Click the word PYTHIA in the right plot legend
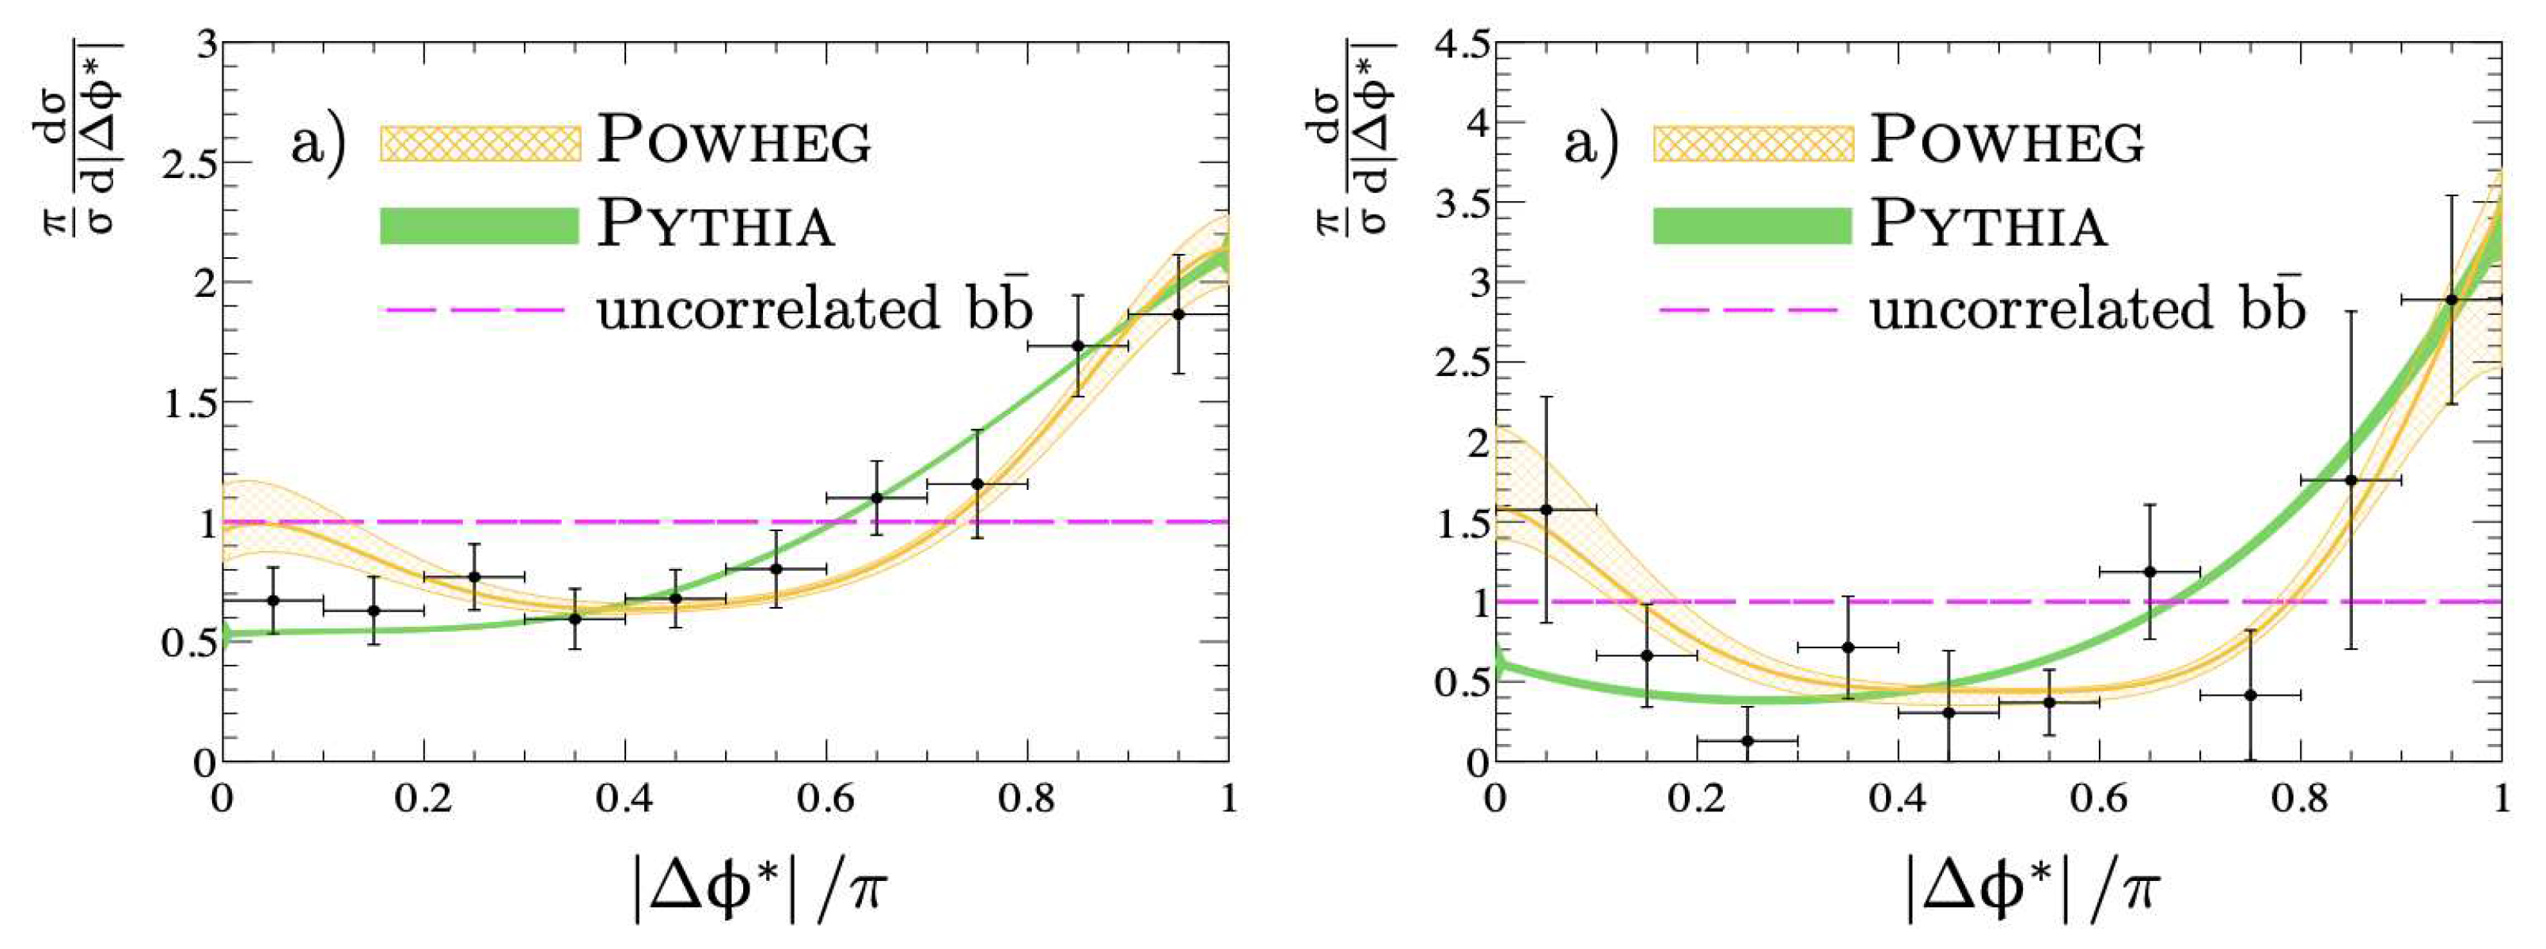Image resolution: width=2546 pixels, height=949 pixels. tap(1989, 226)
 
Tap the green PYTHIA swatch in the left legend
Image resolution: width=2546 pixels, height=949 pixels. tap(478, 226)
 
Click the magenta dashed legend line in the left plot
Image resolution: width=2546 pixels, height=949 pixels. tap(472, 309)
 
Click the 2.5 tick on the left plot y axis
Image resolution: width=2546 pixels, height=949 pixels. tap(189, 163)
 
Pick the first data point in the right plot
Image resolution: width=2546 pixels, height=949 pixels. tap(1546, 509)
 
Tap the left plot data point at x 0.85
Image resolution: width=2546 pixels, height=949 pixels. tap(1077, 346)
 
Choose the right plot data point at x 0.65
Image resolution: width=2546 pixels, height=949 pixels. tap(2149, 571)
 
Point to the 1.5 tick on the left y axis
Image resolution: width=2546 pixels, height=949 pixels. tap(189, 402)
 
